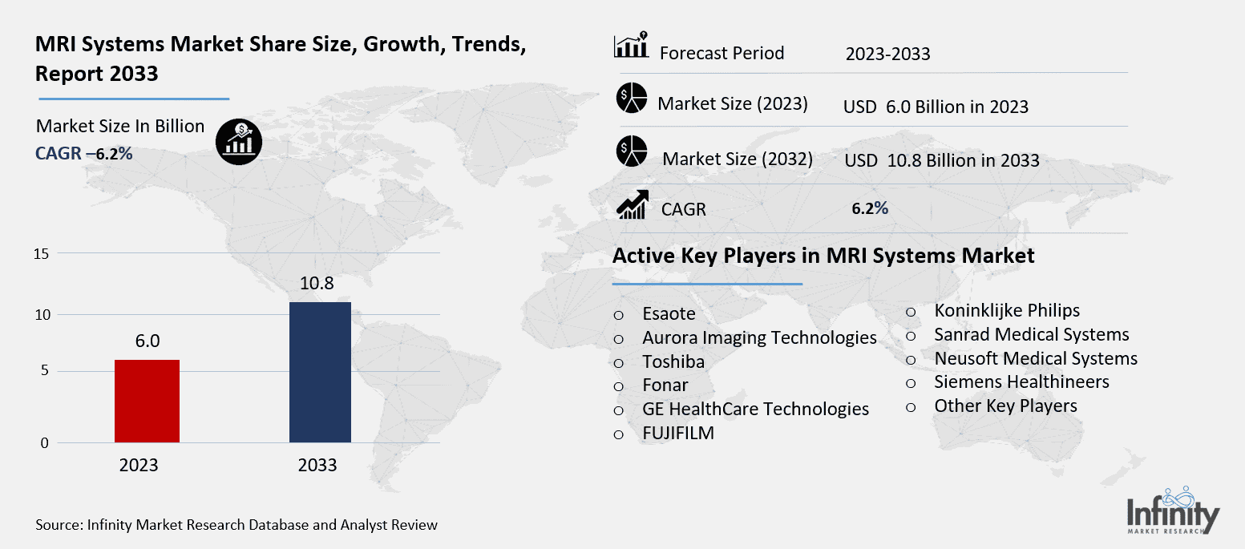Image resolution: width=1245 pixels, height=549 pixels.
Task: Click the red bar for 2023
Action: click(x=147, y=401)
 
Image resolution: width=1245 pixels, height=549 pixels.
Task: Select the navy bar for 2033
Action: click(x=320, y=372)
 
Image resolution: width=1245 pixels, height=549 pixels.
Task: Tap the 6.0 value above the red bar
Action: click(x=147, y=341)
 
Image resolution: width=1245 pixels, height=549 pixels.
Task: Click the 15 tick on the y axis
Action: click(x=42, y=254)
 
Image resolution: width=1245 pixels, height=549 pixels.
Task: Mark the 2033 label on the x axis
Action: click(x=317, y=466)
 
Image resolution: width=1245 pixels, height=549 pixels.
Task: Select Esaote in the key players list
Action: click(x=669, y=314)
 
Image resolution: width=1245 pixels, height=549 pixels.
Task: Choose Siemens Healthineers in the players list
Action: click(x=1021, y=382)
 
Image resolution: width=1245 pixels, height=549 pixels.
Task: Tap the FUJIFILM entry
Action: click(x=677, y=434)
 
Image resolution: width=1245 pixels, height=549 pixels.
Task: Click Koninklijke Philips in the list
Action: click(x=1007, y=310)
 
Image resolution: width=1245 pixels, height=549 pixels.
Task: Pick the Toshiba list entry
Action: click(x=673, y=361)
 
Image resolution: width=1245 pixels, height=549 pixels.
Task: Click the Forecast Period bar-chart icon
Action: click(x=632, y=47)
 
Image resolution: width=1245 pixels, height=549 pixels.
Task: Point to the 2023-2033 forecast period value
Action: click(x=887, y=54)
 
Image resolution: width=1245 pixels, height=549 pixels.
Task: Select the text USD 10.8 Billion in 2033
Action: click(x=941, y=160)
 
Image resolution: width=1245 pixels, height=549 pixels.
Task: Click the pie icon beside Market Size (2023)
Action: click(x=632, y=98)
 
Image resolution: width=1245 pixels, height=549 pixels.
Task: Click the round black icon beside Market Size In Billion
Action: click(x=238, y=143)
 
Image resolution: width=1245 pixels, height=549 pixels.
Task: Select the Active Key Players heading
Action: click(x=823, y=256)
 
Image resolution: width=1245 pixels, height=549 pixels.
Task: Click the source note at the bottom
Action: click(x=236, y=525)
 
